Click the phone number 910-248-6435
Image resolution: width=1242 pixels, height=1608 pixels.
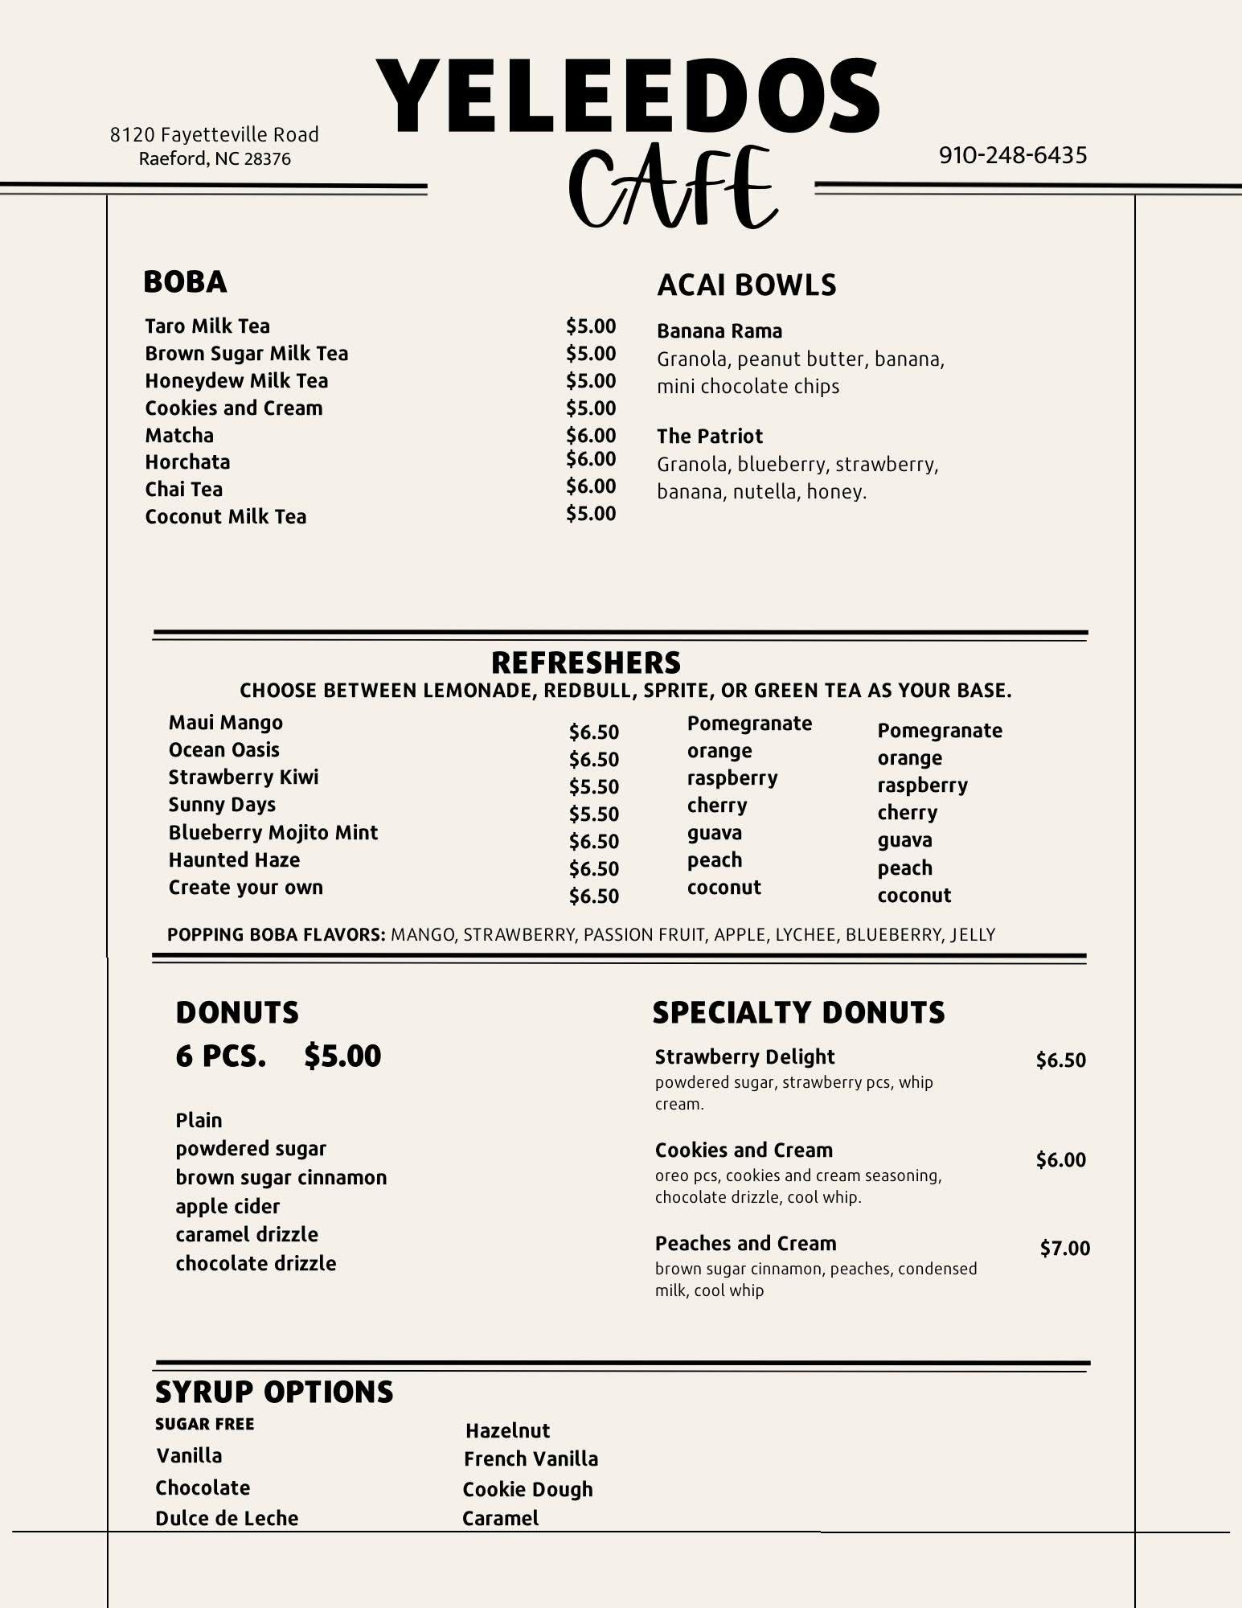[1013, 155]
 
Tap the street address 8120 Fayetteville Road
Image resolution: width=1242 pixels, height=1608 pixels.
[215, 134]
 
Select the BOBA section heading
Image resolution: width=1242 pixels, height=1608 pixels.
[185, 282]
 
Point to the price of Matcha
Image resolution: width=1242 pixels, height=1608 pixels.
[591, 435]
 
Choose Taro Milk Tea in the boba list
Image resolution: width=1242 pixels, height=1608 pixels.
[207, 326]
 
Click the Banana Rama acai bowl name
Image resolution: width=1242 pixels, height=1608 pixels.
[719, 331]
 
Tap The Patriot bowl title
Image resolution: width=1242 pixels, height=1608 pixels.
[710, 437]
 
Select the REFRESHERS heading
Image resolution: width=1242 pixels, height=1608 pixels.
[586, 662]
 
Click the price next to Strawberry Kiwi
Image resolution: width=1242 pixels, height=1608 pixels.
[594, 786]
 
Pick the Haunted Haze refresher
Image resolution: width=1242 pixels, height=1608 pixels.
[234, 860]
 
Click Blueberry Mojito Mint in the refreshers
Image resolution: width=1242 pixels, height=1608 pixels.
[273, 833]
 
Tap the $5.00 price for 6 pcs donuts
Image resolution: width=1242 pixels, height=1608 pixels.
[342, 1056]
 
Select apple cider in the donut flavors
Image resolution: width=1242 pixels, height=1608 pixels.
[227, 1206]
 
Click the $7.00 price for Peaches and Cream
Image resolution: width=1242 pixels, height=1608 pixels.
[1065, 1248]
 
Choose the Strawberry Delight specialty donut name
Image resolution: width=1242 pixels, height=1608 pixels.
[744, 1057]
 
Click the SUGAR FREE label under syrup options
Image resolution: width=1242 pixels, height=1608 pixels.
[204, 1424]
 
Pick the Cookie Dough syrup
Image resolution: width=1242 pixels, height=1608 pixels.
[527, 1489]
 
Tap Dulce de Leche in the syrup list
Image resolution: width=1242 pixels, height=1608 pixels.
[227, 1518]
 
